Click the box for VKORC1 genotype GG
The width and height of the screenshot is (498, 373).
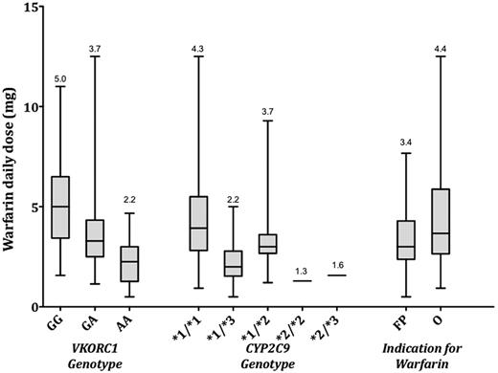[x=59, y=207]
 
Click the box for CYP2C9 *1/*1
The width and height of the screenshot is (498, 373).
[x=199, y=224]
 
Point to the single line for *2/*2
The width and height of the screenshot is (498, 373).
[x=302, y=280]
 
